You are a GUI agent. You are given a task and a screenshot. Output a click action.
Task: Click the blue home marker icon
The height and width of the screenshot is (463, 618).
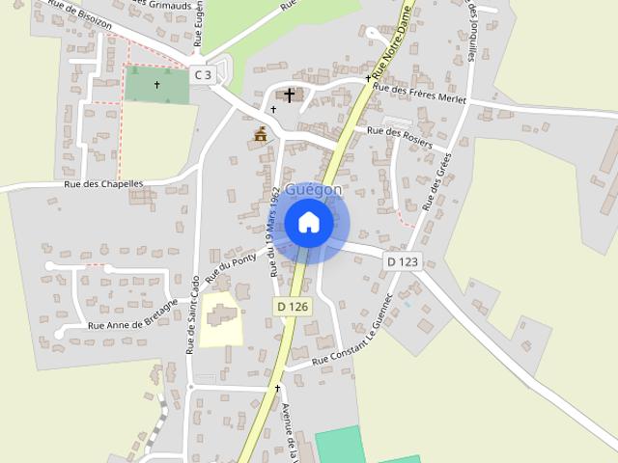[309, 223]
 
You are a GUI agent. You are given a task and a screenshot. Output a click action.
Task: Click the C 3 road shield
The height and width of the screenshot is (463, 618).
[202, 74]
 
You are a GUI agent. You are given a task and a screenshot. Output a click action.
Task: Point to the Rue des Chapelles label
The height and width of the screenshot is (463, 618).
[103, 184]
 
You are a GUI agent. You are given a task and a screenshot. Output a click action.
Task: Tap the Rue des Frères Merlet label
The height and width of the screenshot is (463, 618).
[419, 94]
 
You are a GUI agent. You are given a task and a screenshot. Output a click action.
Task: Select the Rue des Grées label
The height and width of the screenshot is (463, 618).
[437, 178]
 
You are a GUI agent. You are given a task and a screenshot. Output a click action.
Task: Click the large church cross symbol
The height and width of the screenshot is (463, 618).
[289, 95]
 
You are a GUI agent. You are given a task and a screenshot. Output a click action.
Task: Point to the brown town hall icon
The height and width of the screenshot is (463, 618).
[260, 134]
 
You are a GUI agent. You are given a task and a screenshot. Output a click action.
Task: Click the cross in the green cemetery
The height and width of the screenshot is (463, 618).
[156, 85]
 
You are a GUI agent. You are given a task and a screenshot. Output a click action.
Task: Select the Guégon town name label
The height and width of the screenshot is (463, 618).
[313, 190]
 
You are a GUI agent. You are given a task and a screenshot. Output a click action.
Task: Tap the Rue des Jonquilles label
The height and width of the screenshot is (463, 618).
[472, 29]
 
